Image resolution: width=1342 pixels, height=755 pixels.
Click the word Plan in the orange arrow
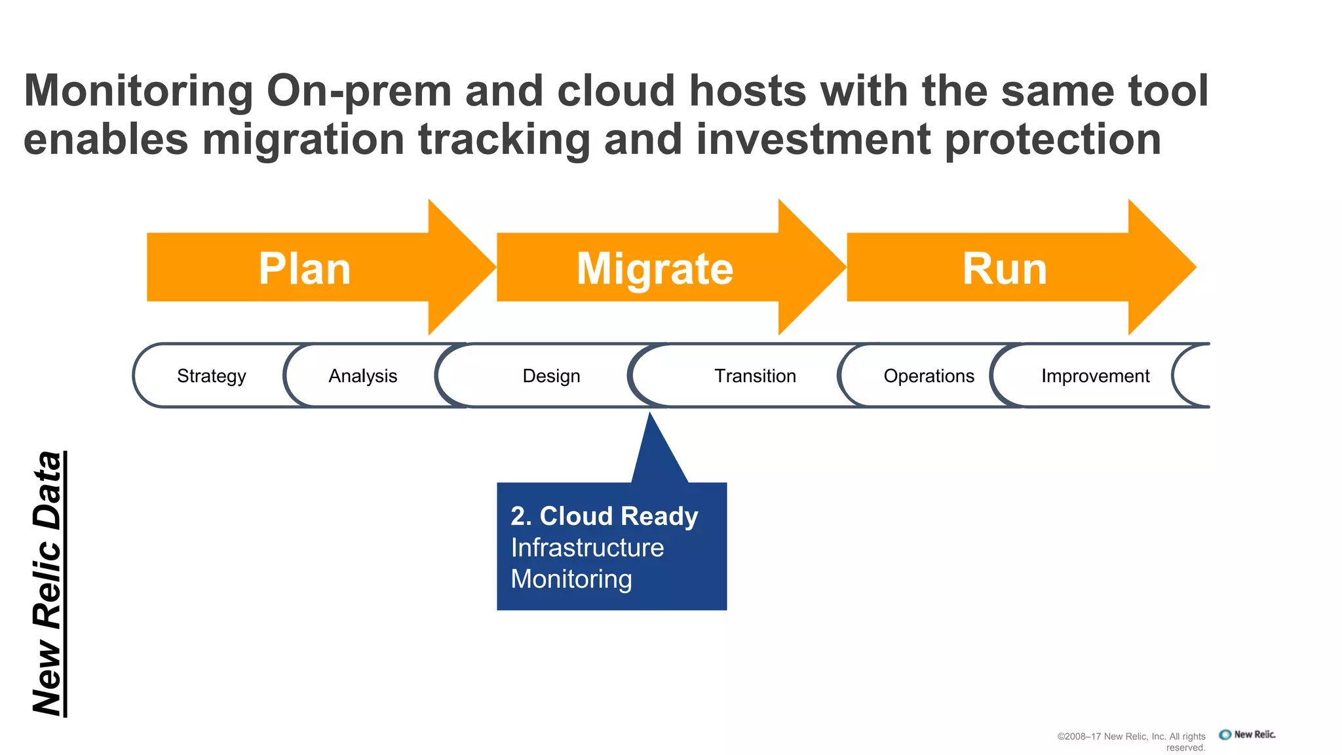click(305, 269)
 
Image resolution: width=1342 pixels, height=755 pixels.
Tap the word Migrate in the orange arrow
click(655, 269)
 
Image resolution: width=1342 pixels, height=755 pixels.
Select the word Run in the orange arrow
click(1005, 269)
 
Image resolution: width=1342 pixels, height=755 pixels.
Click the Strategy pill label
click(212, 376)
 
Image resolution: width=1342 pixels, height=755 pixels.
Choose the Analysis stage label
click(362, 376)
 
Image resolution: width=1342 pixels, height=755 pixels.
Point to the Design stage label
click(551, 376)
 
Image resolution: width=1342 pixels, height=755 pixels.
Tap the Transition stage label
click(755, 376)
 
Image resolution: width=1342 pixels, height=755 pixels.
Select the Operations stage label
click(929, 376)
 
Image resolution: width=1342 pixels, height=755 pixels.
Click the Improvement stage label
click(1095, 376)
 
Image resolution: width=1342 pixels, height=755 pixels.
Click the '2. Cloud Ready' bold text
click(604, 516)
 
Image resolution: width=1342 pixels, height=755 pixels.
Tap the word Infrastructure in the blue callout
click(587, 548)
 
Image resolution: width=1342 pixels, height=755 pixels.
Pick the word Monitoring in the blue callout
click(571, 579)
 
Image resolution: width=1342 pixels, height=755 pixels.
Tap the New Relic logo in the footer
click(1247, 735)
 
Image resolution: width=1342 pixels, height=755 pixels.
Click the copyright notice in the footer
click(1132, 741)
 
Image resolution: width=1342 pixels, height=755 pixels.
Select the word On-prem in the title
click(359, 90)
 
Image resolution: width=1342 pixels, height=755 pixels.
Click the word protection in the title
click(1053, 140)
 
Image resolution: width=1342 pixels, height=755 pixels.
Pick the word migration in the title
click(303, 140)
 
